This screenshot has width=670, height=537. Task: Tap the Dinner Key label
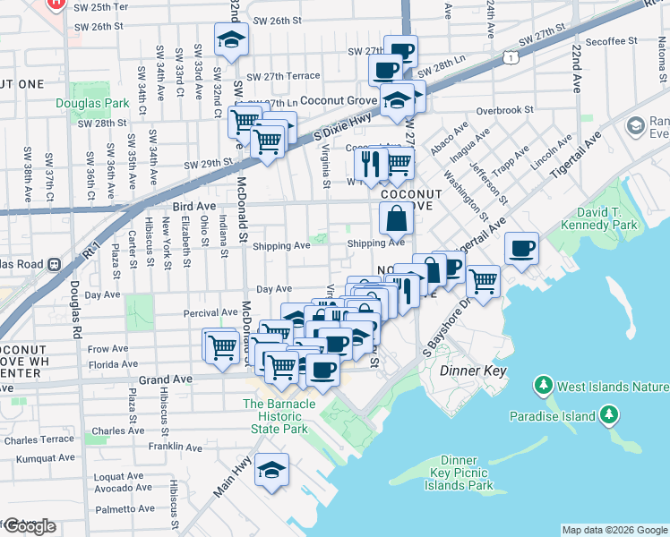point(473,371)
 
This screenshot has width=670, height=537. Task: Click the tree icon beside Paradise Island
point(609,414)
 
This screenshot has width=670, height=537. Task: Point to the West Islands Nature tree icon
point(543,387)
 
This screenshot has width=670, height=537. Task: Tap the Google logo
point(30,525)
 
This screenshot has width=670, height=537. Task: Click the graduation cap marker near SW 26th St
point(231,38)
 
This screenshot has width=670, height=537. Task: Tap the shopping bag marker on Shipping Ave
point(395,217)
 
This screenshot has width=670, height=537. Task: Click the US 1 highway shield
point(510,58)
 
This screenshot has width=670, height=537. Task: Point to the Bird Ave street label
point(193,205)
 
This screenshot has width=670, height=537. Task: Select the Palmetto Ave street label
point(126,509)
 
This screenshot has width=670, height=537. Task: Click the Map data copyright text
point(614,530)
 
